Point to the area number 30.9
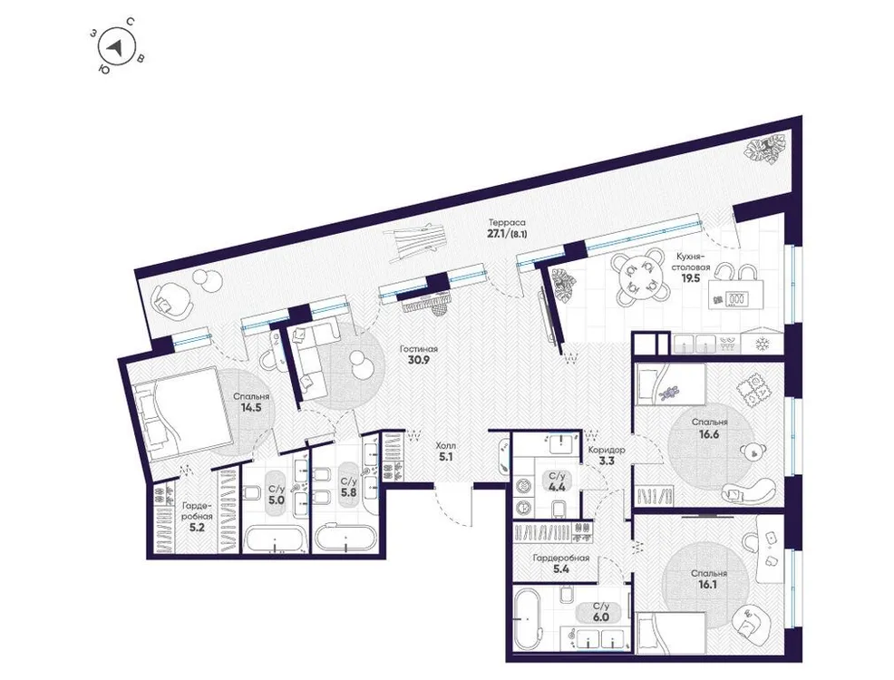click(420, 362)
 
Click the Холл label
click(446, 445)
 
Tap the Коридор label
click(606, 449)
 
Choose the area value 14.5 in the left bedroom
click(250, 408)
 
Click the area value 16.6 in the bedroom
click(708, 435)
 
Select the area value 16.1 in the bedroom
click(708, 586)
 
